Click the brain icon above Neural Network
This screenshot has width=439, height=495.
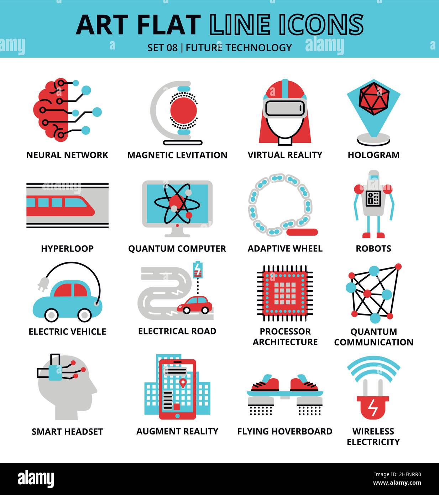click(51, 110)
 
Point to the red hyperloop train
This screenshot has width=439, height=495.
click(61, 206)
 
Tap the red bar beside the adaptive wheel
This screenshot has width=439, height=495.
click(302, 233)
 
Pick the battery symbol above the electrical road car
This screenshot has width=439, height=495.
click(197, 270)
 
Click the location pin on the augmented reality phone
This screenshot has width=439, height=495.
click(183, 383)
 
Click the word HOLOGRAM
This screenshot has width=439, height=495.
click(373, 155)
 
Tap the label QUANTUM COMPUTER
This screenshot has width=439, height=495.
click(177, 249)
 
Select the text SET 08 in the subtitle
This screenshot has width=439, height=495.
click(162, 47)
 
